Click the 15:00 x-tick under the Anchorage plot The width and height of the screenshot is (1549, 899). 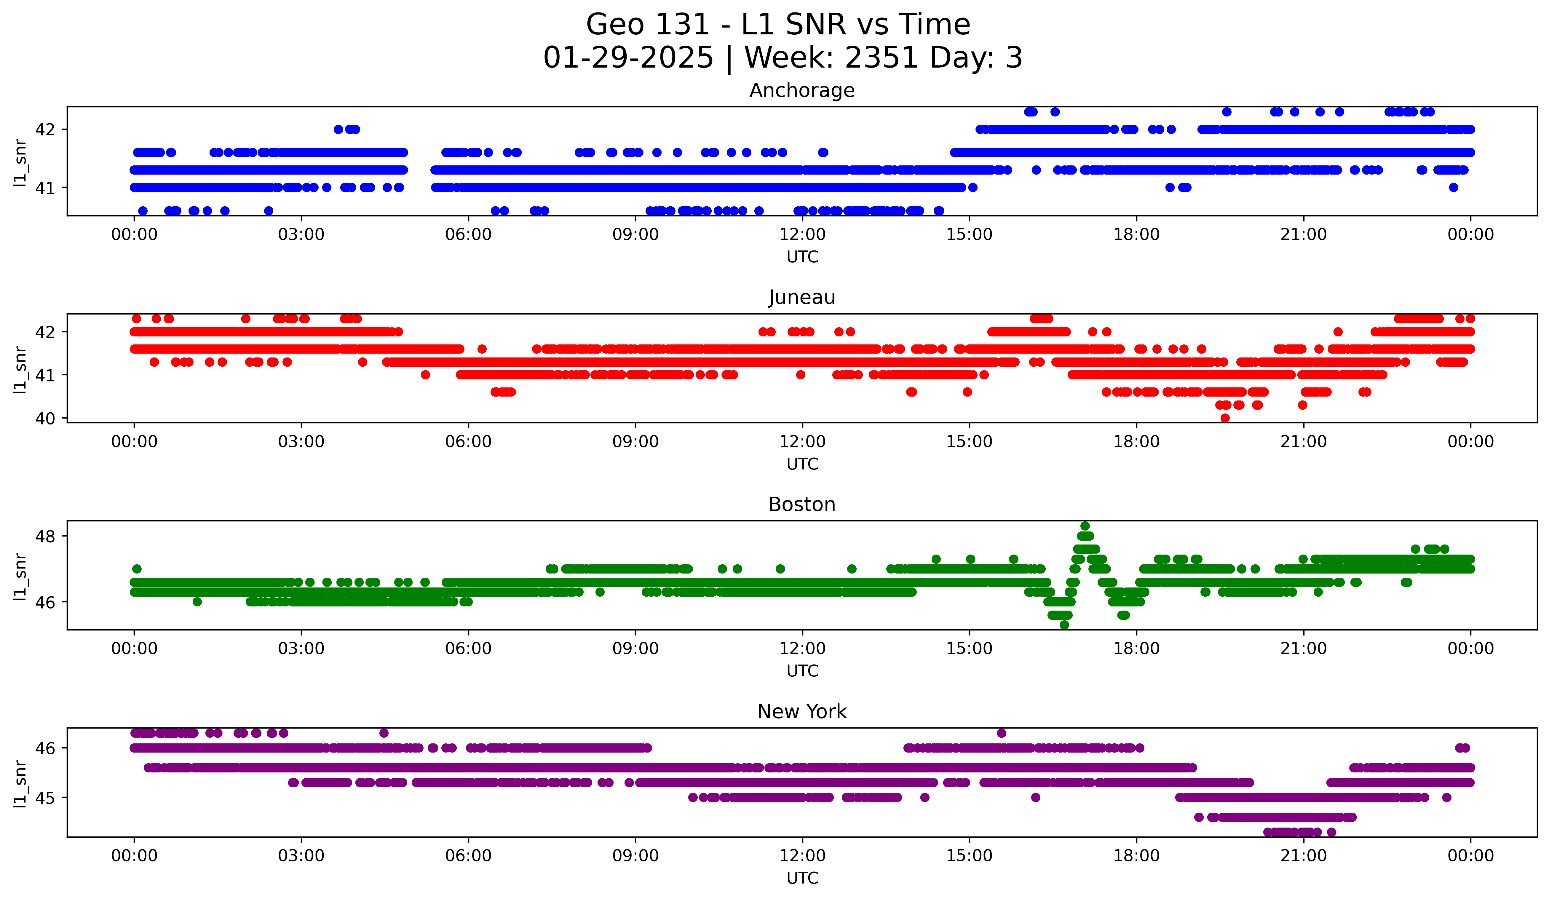click(x=969, y=235)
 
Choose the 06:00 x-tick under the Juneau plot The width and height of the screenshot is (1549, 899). click(x=468, y=442)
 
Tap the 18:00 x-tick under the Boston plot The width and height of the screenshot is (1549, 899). click(x=1136, y=649)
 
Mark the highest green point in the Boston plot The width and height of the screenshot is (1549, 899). click(x=1085, y=526)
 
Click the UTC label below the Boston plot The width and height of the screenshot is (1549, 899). click(x=802, y=671)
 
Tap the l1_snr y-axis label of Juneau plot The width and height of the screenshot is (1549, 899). click(x=20, y=369)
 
